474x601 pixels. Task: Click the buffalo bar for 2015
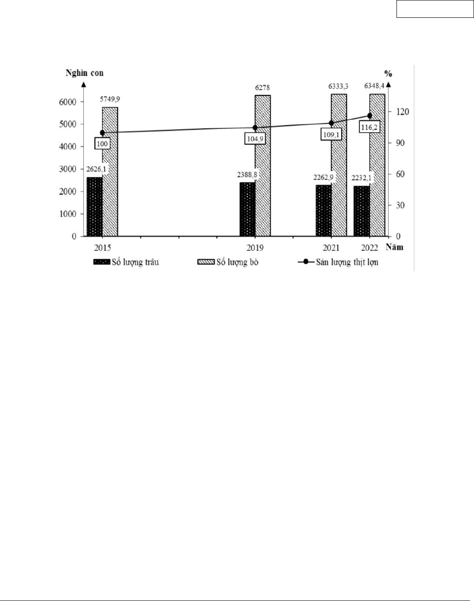tap(94, 207)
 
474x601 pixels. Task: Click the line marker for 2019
tap(255, 128)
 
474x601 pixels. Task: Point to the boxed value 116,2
tap(369, 127)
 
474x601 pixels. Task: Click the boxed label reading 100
tap(102, 143)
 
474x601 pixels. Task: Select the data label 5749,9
tap(110, 99)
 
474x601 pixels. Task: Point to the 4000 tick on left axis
tap(68, 147)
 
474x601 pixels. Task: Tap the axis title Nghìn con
tap(85, 73)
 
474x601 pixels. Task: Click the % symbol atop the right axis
tap(388, 74)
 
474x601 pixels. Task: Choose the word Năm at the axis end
tap(394, 247)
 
